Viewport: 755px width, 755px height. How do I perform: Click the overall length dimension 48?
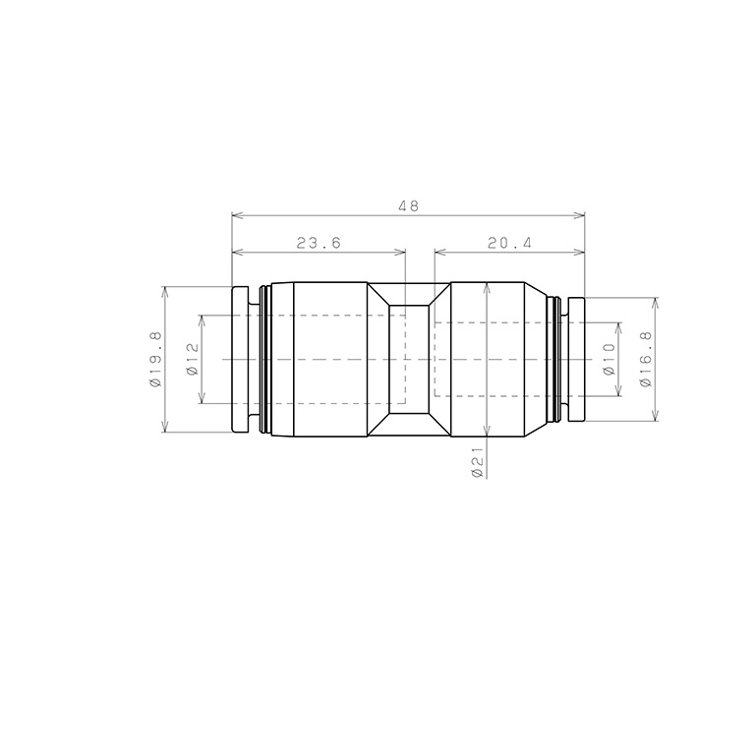408,206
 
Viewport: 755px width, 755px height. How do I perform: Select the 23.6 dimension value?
319,243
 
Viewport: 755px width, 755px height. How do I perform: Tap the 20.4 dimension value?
509,243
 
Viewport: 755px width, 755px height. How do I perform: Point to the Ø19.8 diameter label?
155,360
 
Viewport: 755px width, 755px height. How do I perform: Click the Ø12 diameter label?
192,359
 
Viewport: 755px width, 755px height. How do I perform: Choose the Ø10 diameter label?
610,359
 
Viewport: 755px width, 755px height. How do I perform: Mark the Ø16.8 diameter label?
646,359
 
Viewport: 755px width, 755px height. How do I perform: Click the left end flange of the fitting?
240,359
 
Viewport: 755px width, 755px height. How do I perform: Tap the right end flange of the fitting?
576,359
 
